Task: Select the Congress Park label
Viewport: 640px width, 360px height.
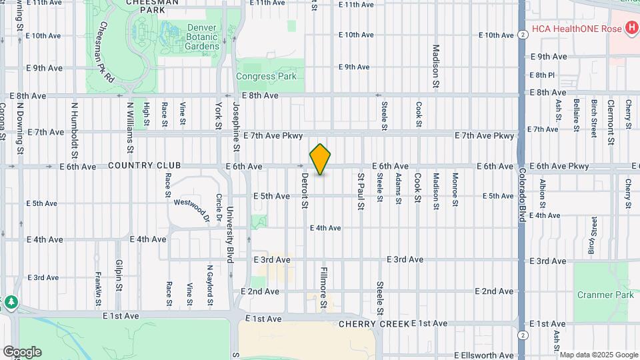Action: point(267,77)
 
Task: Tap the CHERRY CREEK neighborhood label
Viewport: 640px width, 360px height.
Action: point(373,324)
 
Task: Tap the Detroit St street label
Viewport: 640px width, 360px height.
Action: point(304,191)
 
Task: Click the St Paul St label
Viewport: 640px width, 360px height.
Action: point(361,191)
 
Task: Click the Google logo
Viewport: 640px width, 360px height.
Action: point(22,352)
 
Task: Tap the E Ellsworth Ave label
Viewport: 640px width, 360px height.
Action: point(485,355)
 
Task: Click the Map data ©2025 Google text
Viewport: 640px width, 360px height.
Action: point(599,355)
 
